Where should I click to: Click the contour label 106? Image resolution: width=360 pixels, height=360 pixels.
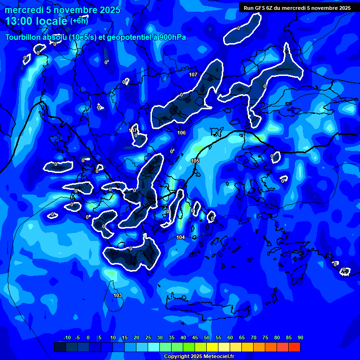[x=181, y=133]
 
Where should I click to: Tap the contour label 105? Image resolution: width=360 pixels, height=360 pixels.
[x=195, y=161]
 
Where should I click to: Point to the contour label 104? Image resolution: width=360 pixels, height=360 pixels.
[x=180, y=238]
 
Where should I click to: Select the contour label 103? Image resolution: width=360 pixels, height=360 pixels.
[x=118, y=295]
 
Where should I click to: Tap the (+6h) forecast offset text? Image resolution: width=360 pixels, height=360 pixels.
[x=79, y=21]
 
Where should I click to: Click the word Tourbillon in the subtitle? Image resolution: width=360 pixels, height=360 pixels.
[x=24, y=37]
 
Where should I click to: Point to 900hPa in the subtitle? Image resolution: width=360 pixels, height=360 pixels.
[x=170, y=37]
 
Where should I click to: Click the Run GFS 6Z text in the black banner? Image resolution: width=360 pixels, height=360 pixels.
[x=262, y=8]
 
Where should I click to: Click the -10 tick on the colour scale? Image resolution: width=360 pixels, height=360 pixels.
[x=67, y=337]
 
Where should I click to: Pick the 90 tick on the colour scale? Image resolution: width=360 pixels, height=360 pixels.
[x=300, y=337]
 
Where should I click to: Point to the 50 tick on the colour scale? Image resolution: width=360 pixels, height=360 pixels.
[x=206, y=337]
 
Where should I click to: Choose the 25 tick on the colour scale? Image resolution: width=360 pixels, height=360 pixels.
[x=148, y=337]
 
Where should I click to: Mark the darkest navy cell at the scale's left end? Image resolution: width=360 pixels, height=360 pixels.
[x=60, y=347]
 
